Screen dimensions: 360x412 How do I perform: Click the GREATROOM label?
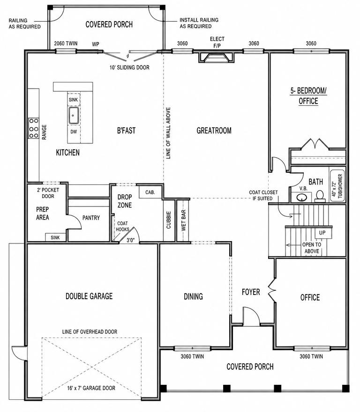214,131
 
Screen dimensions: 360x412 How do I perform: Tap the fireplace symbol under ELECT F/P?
216,57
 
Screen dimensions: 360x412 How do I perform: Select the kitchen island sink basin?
74,115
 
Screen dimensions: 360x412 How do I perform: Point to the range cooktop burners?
34,128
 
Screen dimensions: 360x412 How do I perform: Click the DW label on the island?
74,132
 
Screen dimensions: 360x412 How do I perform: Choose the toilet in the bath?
320,196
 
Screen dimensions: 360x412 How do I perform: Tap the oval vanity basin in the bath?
301,197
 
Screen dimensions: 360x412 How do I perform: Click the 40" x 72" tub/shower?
337,185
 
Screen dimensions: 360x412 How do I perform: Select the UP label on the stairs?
322,233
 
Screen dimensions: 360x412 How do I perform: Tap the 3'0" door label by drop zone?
130,240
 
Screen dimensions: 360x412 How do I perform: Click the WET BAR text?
183,220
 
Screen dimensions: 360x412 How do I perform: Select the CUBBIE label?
169,220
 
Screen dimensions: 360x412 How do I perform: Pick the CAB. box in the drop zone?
150,192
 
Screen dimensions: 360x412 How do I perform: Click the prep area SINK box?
55,237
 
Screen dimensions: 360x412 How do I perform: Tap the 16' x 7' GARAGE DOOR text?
91,388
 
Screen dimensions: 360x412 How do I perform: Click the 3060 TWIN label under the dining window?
192,357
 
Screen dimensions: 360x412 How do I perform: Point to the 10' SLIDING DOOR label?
129,67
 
